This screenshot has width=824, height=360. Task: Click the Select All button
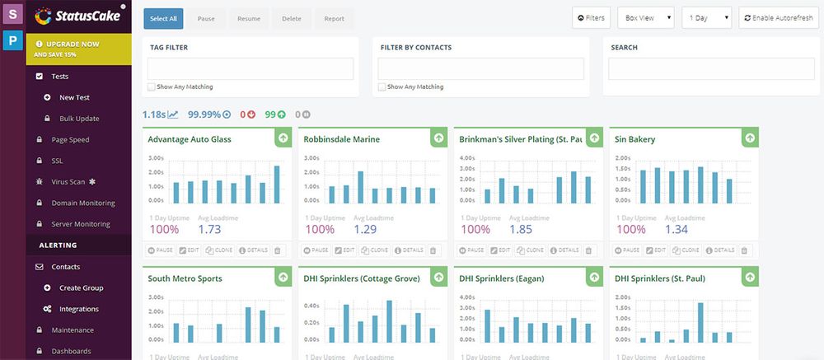(163, 19)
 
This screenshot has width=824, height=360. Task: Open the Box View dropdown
(648, 17)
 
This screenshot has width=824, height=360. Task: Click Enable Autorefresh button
(779, 17)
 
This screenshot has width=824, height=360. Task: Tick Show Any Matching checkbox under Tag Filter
(151, 86)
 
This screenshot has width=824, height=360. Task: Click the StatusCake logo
(78, 16)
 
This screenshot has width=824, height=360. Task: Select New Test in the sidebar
(74, 97)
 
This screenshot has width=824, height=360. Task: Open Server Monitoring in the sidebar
(81, 224)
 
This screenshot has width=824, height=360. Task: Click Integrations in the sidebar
(78, 309)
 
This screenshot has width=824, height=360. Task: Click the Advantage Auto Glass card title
(190, 139)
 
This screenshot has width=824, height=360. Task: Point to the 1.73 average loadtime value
(210, 230)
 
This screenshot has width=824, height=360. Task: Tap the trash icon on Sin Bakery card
(745, 250)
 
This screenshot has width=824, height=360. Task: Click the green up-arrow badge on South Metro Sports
(283, 278)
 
